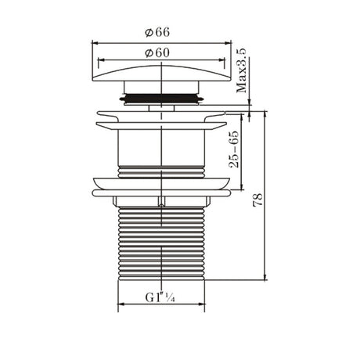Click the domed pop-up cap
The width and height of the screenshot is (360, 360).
tap(162, 78)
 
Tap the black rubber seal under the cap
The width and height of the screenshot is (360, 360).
tap(162, 99)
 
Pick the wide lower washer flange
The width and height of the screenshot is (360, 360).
tap(162, 185)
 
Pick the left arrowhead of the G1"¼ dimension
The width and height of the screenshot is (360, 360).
tap(120, 307)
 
